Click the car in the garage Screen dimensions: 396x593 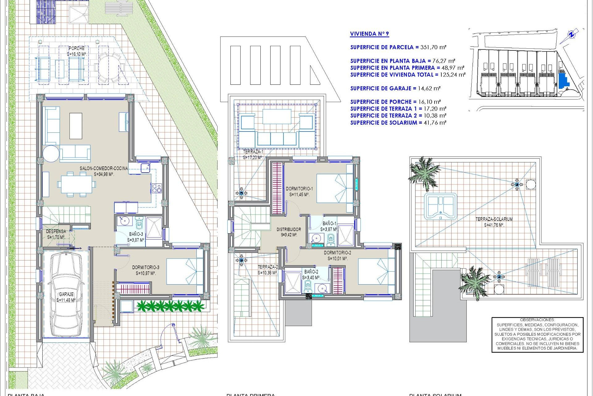(x=65, y=294)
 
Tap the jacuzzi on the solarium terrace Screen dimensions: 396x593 (x=440, y=206)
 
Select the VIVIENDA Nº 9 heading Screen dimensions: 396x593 (x=369, y=34)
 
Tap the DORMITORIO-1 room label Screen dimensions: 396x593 (x=299, y=189)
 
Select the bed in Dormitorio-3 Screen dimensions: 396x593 (x=185, y=271)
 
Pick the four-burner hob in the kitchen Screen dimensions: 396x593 (x=156, y=188)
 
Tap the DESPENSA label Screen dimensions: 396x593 (x=56, y=231)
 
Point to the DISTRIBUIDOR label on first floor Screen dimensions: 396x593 (x=289, y=230)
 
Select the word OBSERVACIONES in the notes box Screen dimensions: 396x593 (x=537, y=320)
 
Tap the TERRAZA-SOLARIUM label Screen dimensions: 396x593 (x=494, y=219)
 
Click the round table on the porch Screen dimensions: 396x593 (x=105, y=68)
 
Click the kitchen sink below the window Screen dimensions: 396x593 (x=145, y=168)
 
